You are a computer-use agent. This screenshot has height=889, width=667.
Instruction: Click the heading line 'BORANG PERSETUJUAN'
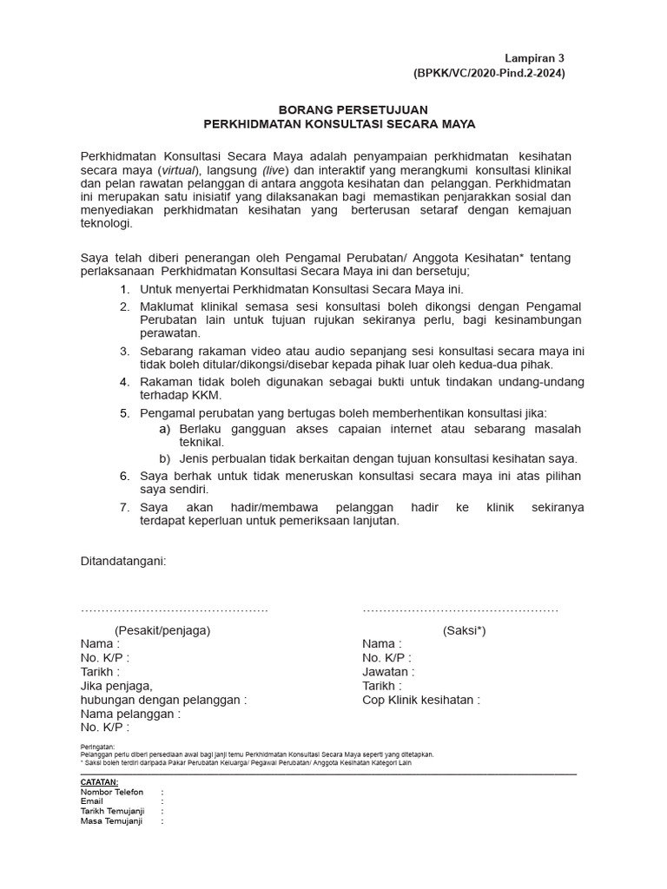point(340,110)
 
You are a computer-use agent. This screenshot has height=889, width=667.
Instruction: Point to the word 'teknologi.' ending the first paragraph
point(107,223)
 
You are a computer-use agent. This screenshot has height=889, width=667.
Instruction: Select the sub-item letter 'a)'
point(164,429)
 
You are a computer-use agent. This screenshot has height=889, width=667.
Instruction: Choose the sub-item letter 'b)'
point(164,458)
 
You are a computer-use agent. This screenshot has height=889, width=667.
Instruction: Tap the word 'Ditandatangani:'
point(122,561)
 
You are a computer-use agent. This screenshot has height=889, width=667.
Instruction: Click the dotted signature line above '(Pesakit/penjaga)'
point(175,611)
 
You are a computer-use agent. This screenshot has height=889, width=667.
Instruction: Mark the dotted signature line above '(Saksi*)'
point(460,611)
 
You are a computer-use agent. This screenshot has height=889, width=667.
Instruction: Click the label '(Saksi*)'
point(464,630)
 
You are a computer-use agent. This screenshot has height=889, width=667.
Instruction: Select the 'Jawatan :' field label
point(388,672)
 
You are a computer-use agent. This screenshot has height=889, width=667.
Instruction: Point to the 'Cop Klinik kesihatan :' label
point(421,700)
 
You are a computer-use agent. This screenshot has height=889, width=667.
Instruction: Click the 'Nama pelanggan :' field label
point(130,714)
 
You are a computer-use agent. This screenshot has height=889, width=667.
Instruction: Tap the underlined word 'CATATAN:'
point(99,782)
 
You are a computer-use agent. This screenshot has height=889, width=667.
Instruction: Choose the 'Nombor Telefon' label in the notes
point(112,793)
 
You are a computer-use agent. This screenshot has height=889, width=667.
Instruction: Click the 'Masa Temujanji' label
point(111,821)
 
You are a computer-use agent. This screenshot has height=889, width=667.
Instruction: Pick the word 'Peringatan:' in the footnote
point(97,747)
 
